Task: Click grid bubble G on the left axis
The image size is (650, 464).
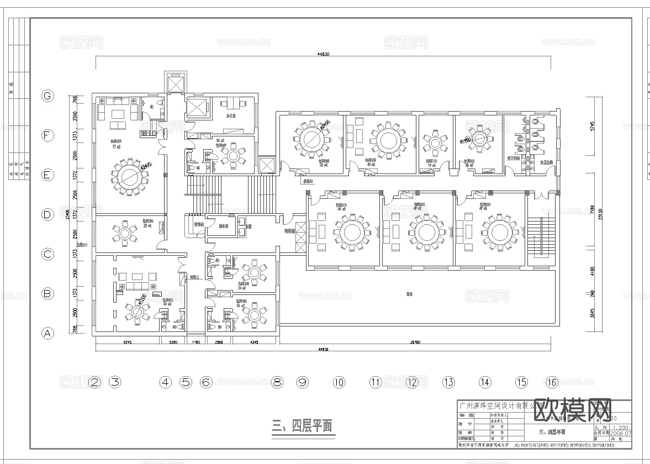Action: (48, 96)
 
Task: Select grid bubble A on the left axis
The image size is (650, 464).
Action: (48, 333)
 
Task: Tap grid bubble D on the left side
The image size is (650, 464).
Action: (48, 214)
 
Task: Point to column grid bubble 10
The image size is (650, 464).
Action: (339, 382)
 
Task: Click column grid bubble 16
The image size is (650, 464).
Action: (552, 382)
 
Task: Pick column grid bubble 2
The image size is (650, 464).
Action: (95, 382)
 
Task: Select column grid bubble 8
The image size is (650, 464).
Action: (277, 382)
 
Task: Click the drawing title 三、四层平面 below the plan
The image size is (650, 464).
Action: (303, 425)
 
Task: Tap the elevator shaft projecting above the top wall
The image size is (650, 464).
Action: (177, 83)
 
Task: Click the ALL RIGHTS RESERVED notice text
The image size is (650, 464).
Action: (564, 445)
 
